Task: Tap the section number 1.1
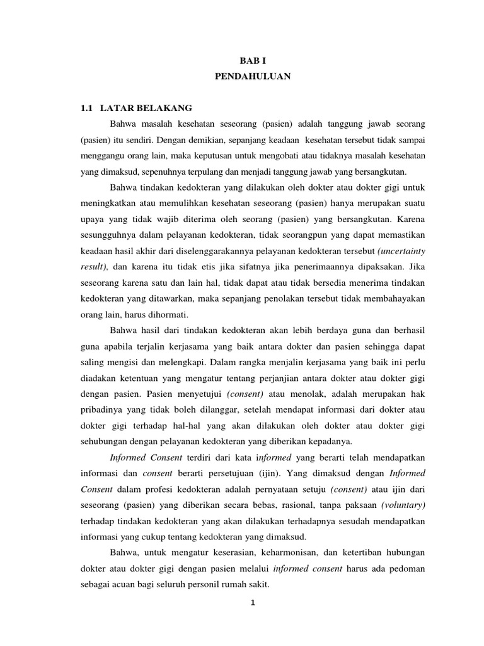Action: point(87,108)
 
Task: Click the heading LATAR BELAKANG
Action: point(146,108)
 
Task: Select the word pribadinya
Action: point(103,410)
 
